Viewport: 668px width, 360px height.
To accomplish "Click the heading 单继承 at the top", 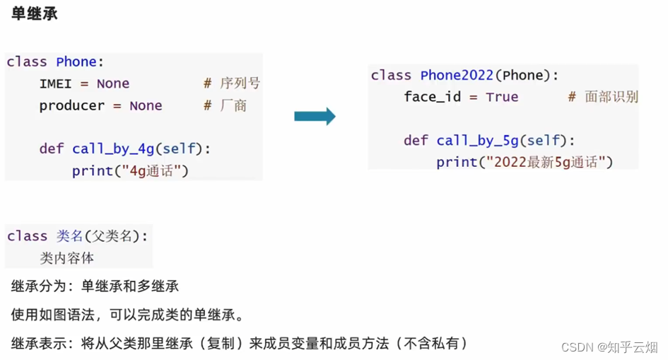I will (35, 14).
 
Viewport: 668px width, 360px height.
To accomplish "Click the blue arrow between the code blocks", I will (315, 117).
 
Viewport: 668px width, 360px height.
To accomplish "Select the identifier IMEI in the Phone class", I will (55, 83).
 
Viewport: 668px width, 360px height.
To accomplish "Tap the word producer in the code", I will (71, 105).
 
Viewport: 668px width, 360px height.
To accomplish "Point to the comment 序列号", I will (240, 83).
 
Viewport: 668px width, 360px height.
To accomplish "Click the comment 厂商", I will (233, 105).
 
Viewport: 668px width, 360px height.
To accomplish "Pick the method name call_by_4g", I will (112, 149).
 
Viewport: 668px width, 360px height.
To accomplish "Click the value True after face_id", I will (502, 97).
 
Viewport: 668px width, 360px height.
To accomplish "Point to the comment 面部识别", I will (611, 97).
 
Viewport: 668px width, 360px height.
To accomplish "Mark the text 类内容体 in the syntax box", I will (66, 258).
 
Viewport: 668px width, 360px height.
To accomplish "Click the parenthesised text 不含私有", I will (433, 344).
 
